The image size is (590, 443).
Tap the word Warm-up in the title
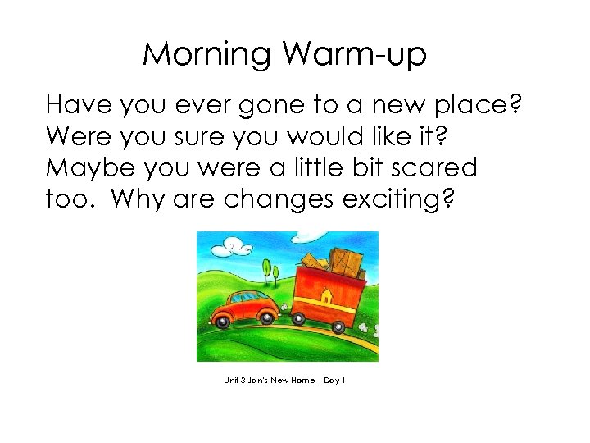click(355, 55)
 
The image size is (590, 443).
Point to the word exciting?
click(401, 199)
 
